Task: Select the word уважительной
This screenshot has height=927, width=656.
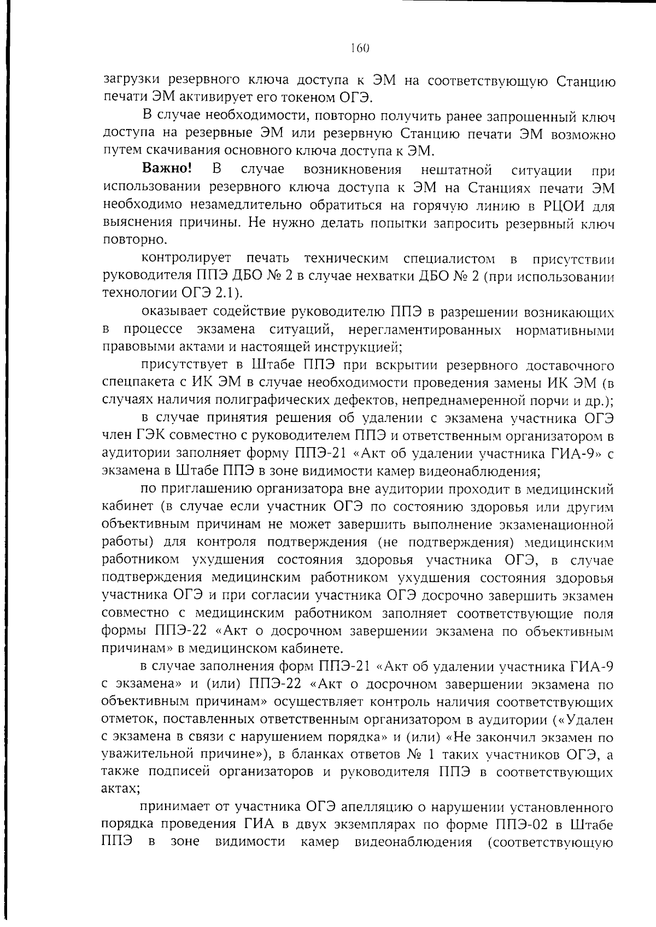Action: [x=144, y=754]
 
